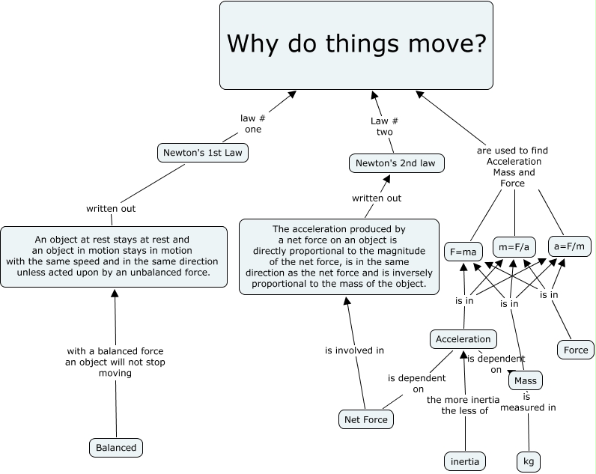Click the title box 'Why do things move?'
pos(356,45)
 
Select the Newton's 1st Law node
pos(203,153)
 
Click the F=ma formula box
pos(461,252)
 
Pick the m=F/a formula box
pos(516,246)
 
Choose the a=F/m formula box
pos(570,246)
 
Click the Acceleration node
pos(463,339)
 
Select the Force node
pos(576,350)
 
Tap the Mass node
pos(525,380)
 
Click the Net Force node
pos(366,419)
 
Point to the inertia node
pos(464,461)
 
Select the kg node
pos(528,461)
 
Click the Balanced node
pos(116,448)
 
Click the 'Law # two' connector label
pos(384,126)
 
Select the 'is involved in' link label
pos(354,350)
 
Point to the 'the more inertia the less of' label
pos(464,404)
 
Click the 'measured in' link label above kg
pos(528,407)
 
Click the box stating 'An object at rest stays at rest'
pos(113,256)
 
